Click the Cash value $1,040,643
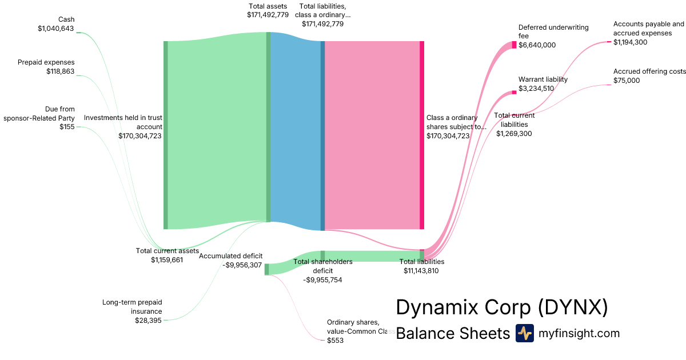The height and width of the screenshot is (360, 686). (x=55, y=29)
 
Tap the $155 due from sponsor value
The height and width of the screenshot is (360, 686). (x=67, y=127)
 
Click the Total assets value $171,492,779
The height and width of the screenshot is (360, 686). (x=268, y=15)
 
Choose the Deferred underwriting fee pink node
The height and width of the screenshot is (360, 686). (x=514, y=45)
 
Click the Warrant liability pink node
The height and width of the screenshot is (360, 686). (x=514, y=92)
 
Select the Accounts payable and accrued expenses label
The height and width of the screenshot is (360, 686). (x=648, y=29)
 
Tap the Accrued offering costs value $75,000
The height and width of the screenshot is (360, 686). (x=627, y=81)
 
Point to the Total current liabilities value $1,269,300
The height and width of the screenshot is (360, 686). (x=514, y=134)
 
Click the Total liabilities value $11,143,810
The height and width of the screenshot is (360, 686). (x=421, y=271)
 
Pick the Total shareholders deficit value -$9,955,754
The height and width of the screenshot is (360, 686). (x=322, y=280)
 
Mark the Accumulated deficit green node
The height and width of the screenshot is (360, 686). (x=266, y=269)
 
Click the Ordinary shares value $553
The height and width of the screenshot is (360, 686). (x=335, y=341)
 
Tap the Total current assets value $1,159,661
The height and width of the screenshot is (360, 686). (x=167, y=260)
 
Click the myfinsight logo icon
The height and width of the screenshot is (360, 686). (x=524, y=333)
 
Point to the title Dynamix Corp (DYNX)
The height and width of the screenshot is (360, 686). (x=501, y=308)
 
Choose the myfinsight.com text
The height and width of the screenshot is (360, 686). (x=579, y=333)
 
